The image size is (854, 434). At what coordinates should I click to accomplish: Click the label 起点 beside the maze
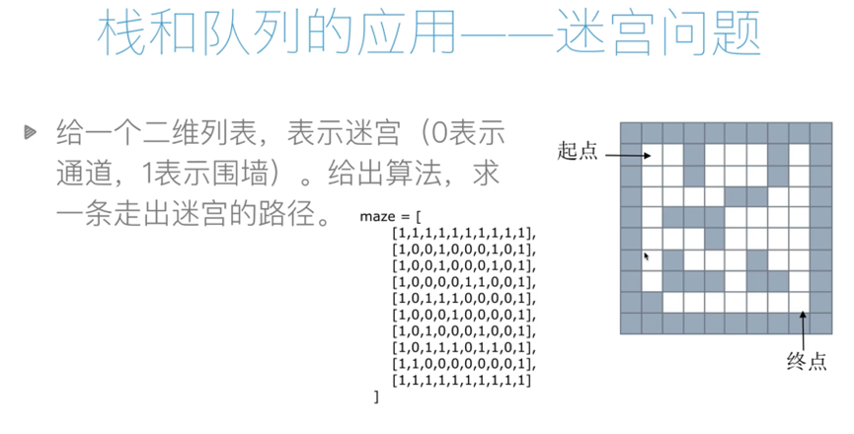(x=577, y=151)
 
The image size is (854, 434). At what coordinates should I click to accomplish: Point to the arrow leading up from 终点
(x=806, y=327)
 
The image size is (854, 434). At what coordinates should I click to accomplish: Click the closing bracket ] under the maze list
(x=376, y=396)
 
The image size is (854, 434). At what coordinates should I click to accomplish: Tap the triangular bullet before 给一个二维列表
(x=32, y=130)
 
